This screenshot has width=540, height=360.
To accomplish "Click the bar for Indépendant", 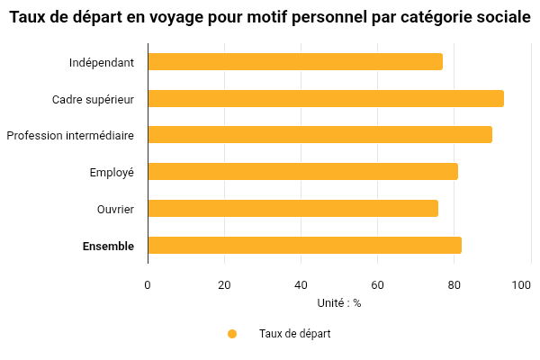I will click(x=295, y=62).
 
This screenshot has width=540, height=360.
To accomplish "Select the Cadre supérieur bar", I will click(x=326, y=99).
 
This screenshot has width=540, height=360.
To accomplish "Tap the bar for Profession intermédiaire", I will click(x=319, y=135).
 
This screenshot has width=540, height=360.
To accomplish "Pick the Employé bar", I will click(x=302, y=172).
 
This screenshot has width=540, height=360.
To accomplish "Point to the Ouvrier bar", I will click(x=292, y=209).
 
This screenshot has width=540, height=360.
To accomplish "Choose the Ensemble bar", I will click(x=304, y=246).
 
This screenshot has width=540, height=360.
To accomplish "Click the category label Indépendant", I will click(x=102, y=63).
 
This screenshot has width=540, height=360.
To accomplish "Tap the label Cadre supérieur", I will click(x=94, y=99).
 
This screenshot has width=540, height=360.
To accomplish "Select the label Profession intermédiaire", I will click(x=70, y=136).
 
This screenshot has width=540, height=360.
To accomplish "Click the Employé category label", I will click(x=112, y=173).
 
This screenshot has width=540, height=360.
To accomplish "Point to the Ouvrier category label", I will click(x=115, y=209).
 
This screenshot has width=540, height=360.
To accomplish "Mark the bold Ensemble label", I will click(x=108, y=246).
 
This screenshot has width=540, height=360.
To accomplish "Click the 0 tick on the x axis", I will click(x=148, y=285).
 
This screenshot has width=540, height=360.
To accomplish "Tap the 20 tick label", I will click(x=224, y=285).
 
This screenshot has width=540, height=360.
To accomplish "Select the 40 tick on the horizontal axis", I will click(x=301, y=285).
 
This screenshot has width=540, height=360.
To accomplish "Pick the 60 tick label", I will click(x=377, y=285).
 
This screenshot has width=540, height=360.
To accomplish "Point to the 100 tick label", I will click(x=521, y=285).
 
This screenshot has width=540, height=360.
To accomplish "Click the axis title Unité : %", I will click(x=339, y=303).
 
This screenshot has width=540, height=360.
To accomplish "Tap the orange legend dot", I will click(x=232, y=334).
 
